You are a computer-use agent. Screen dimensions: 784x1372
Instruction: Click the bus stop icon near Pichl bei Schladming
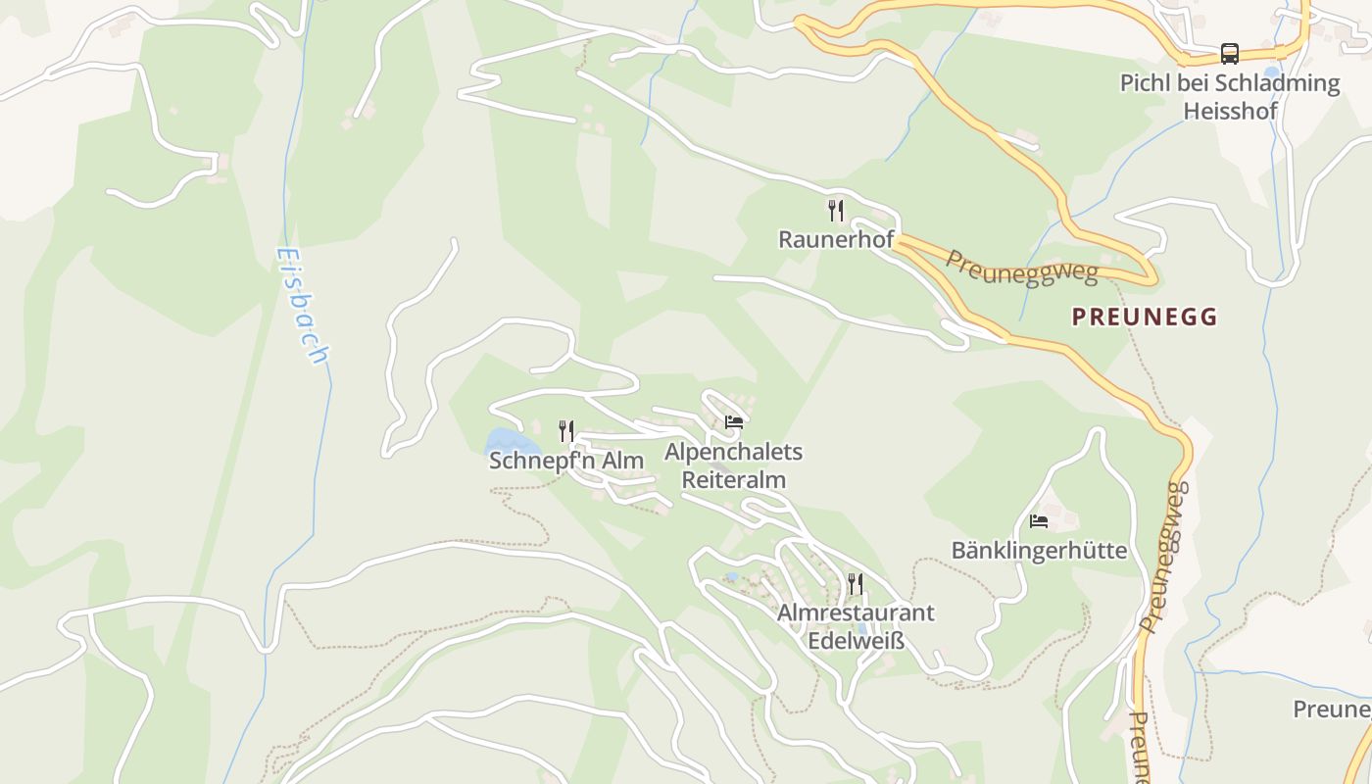tap(1229, 53)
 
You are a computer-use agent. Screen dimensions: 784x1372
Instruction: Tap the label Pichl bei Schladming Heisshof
tap(1230, 96)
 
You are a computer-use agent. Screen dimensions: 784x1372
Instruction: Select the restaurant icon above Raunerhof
tap(835, 210)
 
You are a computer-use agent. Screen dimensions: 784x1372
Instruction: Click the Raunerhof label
tap(835, 239)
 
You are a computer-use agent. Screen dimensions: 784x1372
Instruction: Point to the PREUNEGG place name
tap(1144, 317)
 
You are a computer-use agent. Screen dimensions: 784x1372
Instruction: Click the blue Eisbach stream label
tap(301, 305)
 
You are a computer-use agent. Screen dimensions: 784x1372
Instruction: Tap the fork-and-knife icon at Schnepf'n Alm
tap(565, 430)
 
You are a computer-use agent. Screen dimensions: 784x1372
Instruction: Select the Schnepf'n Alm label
tap(566, 461)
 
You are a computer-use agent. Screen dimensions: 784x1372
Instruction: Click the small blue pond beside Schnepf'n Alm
tap(504, 443)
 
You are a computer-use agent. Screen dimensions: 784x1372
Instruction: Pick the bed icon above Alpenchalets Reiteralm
tap(733, 422)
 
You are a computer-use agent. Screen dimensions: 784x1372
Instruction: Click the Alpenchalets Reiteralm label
tap(733, 465)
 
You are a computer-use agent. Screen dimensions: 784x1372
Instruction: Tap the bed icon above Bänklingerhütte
tap(1039, 521)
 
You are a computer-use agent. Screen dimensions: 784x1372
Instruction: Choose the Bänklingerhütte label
tap(1039, 551)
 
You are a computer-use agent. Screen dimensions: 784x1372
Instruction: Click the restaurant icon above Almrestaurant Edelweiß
tap(856, 584)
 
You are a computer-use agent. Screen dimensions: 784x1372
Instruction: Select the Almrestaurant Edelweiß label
tap(856, 626)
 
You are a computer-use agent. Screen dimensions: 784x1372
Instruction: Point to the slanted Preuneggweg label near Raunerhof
tap(1021, 267)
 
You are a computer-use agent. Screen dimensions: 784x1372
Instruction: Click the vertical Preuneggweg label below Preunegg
tap(1163, 556)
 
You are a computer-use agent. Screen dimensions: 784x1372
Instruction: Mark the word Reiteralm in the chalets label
tap(733, 480)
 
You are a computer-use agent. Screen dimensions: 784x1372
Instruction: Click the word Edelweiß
tap(856, 642)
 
